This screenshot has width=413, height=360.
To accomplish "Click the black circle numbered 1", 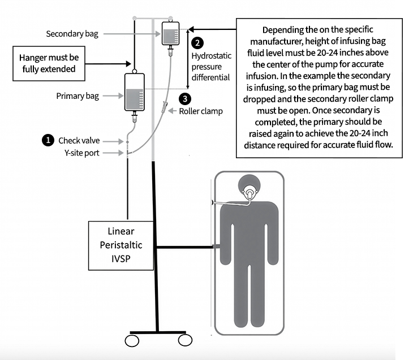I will [x=49, y=139].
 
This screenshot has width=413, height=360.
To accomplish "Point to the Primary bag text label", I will [x=78, y=96].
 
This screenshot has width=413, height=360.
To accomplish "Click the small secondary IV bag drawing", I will [x=170, y=34].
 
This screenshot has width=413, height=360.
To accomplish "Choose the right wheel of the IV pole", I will [x=184, y=341].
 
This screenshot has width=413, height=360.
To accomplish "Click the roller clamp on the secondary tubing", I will [x=164, y=106].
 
